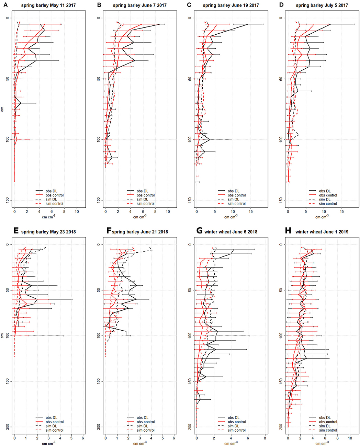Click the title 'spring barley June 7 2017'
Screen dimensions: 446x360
139,5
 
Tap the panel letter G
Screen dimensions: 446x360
199,231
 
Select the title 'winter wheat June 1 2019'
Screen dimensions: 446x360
322,232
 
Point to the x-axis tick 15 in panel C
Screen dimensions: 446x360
251,211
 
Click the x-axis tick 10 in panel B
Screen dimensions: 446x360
168,211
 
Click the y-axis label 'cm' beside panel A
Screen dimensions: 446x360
2,109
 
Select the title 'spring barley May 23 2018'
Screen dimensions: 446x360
48,232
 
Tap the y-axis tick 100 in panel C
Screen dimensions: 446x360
190,139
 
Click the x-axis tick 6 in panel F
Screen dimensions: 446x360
174,438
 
